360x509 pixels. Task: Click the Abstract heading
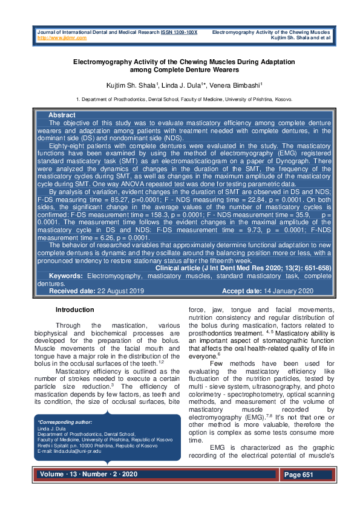coord(62,115)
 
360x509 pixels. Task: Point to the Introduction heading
coord(74,310)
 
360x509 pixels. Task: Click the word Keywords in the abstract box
coord(66,276)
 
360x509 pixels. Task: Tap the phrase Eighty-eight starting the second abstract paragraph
coord(66,146)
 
